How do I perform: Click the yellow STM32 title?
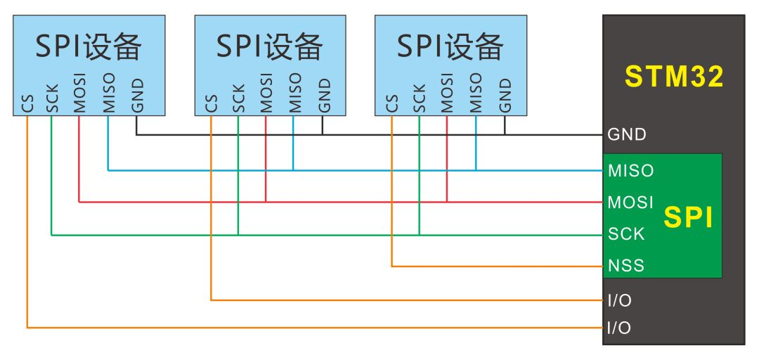674,77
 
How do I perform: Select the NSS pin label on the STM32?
626,266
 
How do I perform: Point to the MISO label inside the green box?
630,170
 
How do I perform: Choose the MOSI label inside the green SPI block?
630,202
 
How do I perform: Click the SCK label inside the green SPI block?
626,234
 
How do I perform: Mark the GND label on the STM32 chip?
627,134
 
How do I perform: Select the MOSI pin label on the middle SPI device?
266,94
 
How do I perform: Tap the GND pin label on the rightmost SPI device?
505,96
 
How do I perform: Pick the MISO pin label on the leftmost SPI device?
108,94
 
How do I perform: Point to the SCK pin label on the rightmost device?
420,99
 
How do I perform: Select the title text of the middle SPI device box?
269,46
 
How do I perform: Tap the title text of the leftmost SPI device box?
89,46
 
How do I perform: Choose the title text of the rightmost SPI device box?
450,46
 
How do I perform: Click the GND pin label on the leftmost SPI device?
136,96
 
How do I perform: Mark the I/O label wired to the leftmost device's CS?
619,328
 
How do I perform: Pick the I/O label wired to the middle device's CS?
619,301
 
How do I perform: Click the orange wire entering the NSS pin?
506,266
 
